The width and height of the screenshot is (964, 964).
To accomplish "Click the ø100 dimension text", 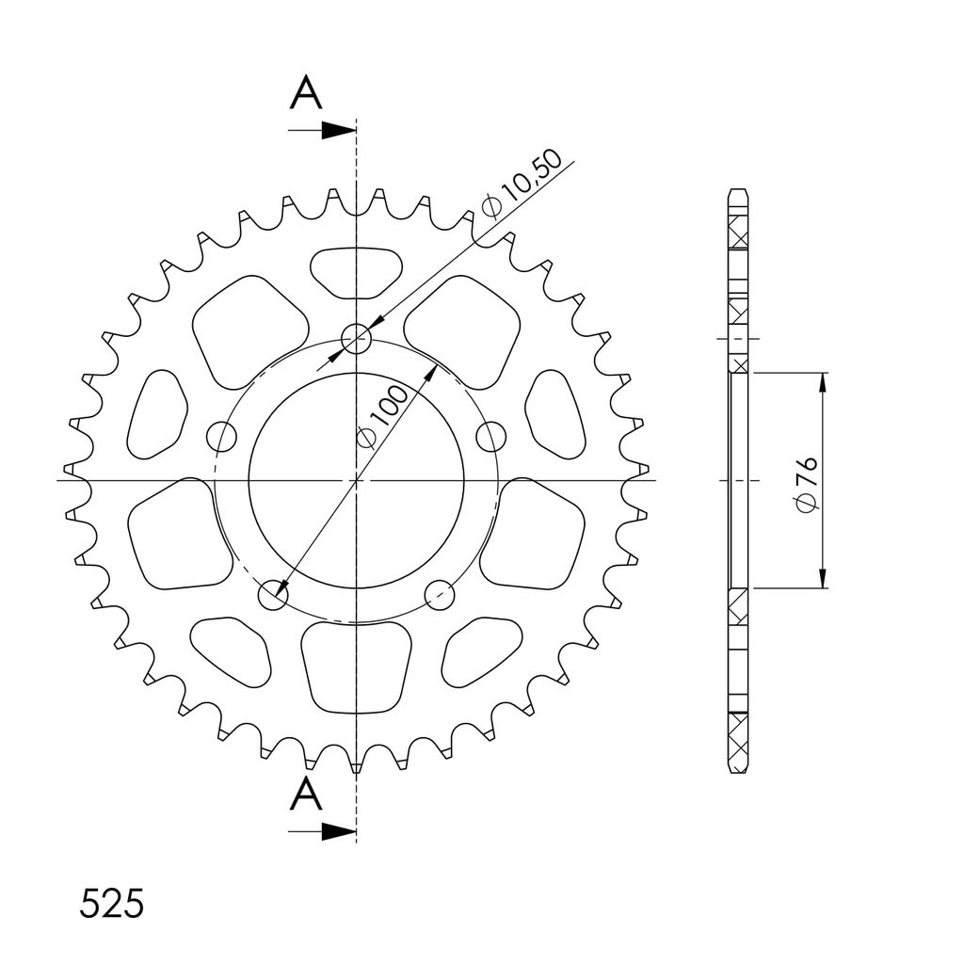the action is coord(383,417).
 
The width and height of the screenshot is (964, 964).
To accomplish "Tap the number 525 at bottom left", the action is coord(112,903).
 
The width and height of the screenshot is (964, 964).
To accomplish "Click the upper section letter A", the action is coord(306,94).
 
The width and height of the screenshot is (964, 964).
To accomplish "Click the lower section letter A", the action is coord(306,794).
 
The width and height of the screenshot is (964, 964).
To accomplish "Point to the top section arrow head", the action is coord(339,130).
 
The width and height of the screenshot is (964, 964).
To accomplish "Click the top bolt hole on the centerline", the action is coord(357,338).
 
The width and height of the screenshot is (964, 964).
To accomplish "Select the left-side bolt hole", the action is coord(221,437).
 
